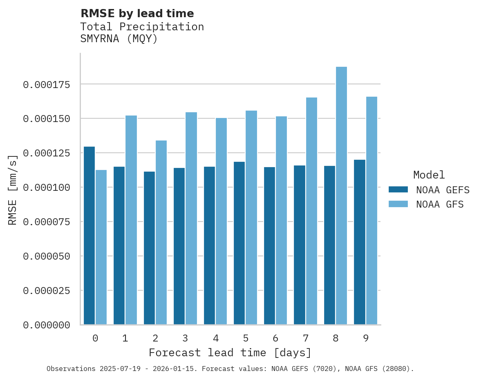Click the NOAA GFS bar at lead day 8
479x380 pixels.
[x=341, y=196]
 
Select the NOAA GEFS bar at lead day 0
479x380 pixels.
[x=89, y=235]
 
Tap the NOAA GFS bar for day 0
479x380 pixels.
[x=101, y=247]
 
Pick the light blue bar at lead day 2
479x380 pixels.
[x=161, y=233]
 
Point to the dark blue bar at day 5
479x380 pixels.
[x=239, y=243]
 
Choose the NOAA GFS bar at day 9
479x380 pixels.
[x=372, y=210]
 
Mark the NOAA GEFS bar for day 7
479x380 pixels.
[x=299, y=245]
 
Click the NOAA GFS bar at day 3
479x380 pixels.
[x=191, y=218]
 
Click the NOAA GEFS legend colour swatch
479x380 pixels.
[x=398, y=190]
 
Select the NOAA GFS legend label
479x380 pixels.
[x=440, y=204]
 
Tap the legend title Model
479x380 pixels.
[x=429, y=175]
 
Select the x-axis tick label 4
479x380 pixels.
[x=215, y=338]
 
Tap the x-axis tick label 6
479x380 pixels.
[x=275, y=338]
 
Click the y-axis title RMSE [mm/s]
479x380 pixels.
[x=13, y=190]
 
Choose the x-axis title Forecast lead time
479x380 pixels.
[x=230, y=353]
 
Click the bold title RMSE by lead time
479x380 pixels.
[x=137, y=14]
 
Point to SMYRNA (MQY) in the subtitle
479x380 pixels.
[x=119, y=39]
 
